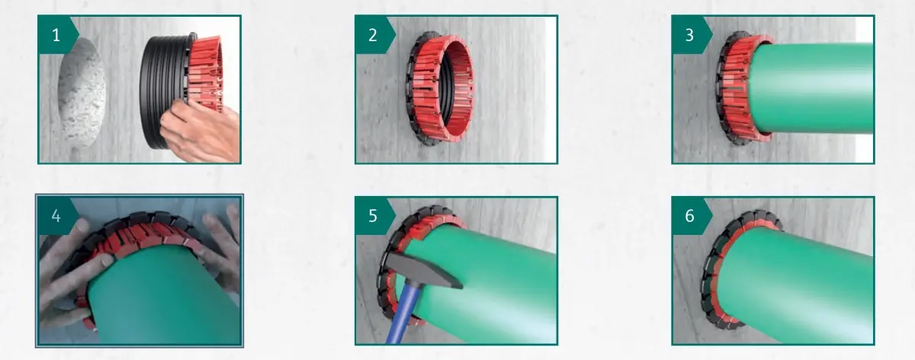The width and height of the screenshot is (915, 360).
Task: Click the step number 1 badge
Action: (57, 35)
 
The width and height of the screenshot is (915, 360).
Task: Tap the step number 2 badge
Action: (374, 35)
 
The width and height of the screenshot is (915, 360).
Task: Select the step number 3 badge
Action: (691, 35)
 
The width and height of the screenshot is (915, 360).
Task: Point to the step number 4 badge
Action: (57, 216)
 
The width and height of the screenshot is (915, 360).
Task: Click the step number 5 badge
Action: (374, 216)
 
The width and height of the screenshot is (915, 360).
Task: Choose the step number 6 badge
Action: (691, 216)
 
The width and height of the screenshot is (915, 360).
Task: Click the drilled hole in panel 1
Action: (82, 93)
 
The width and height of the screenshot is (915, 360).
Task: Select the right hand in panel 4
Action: (223, 249)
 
